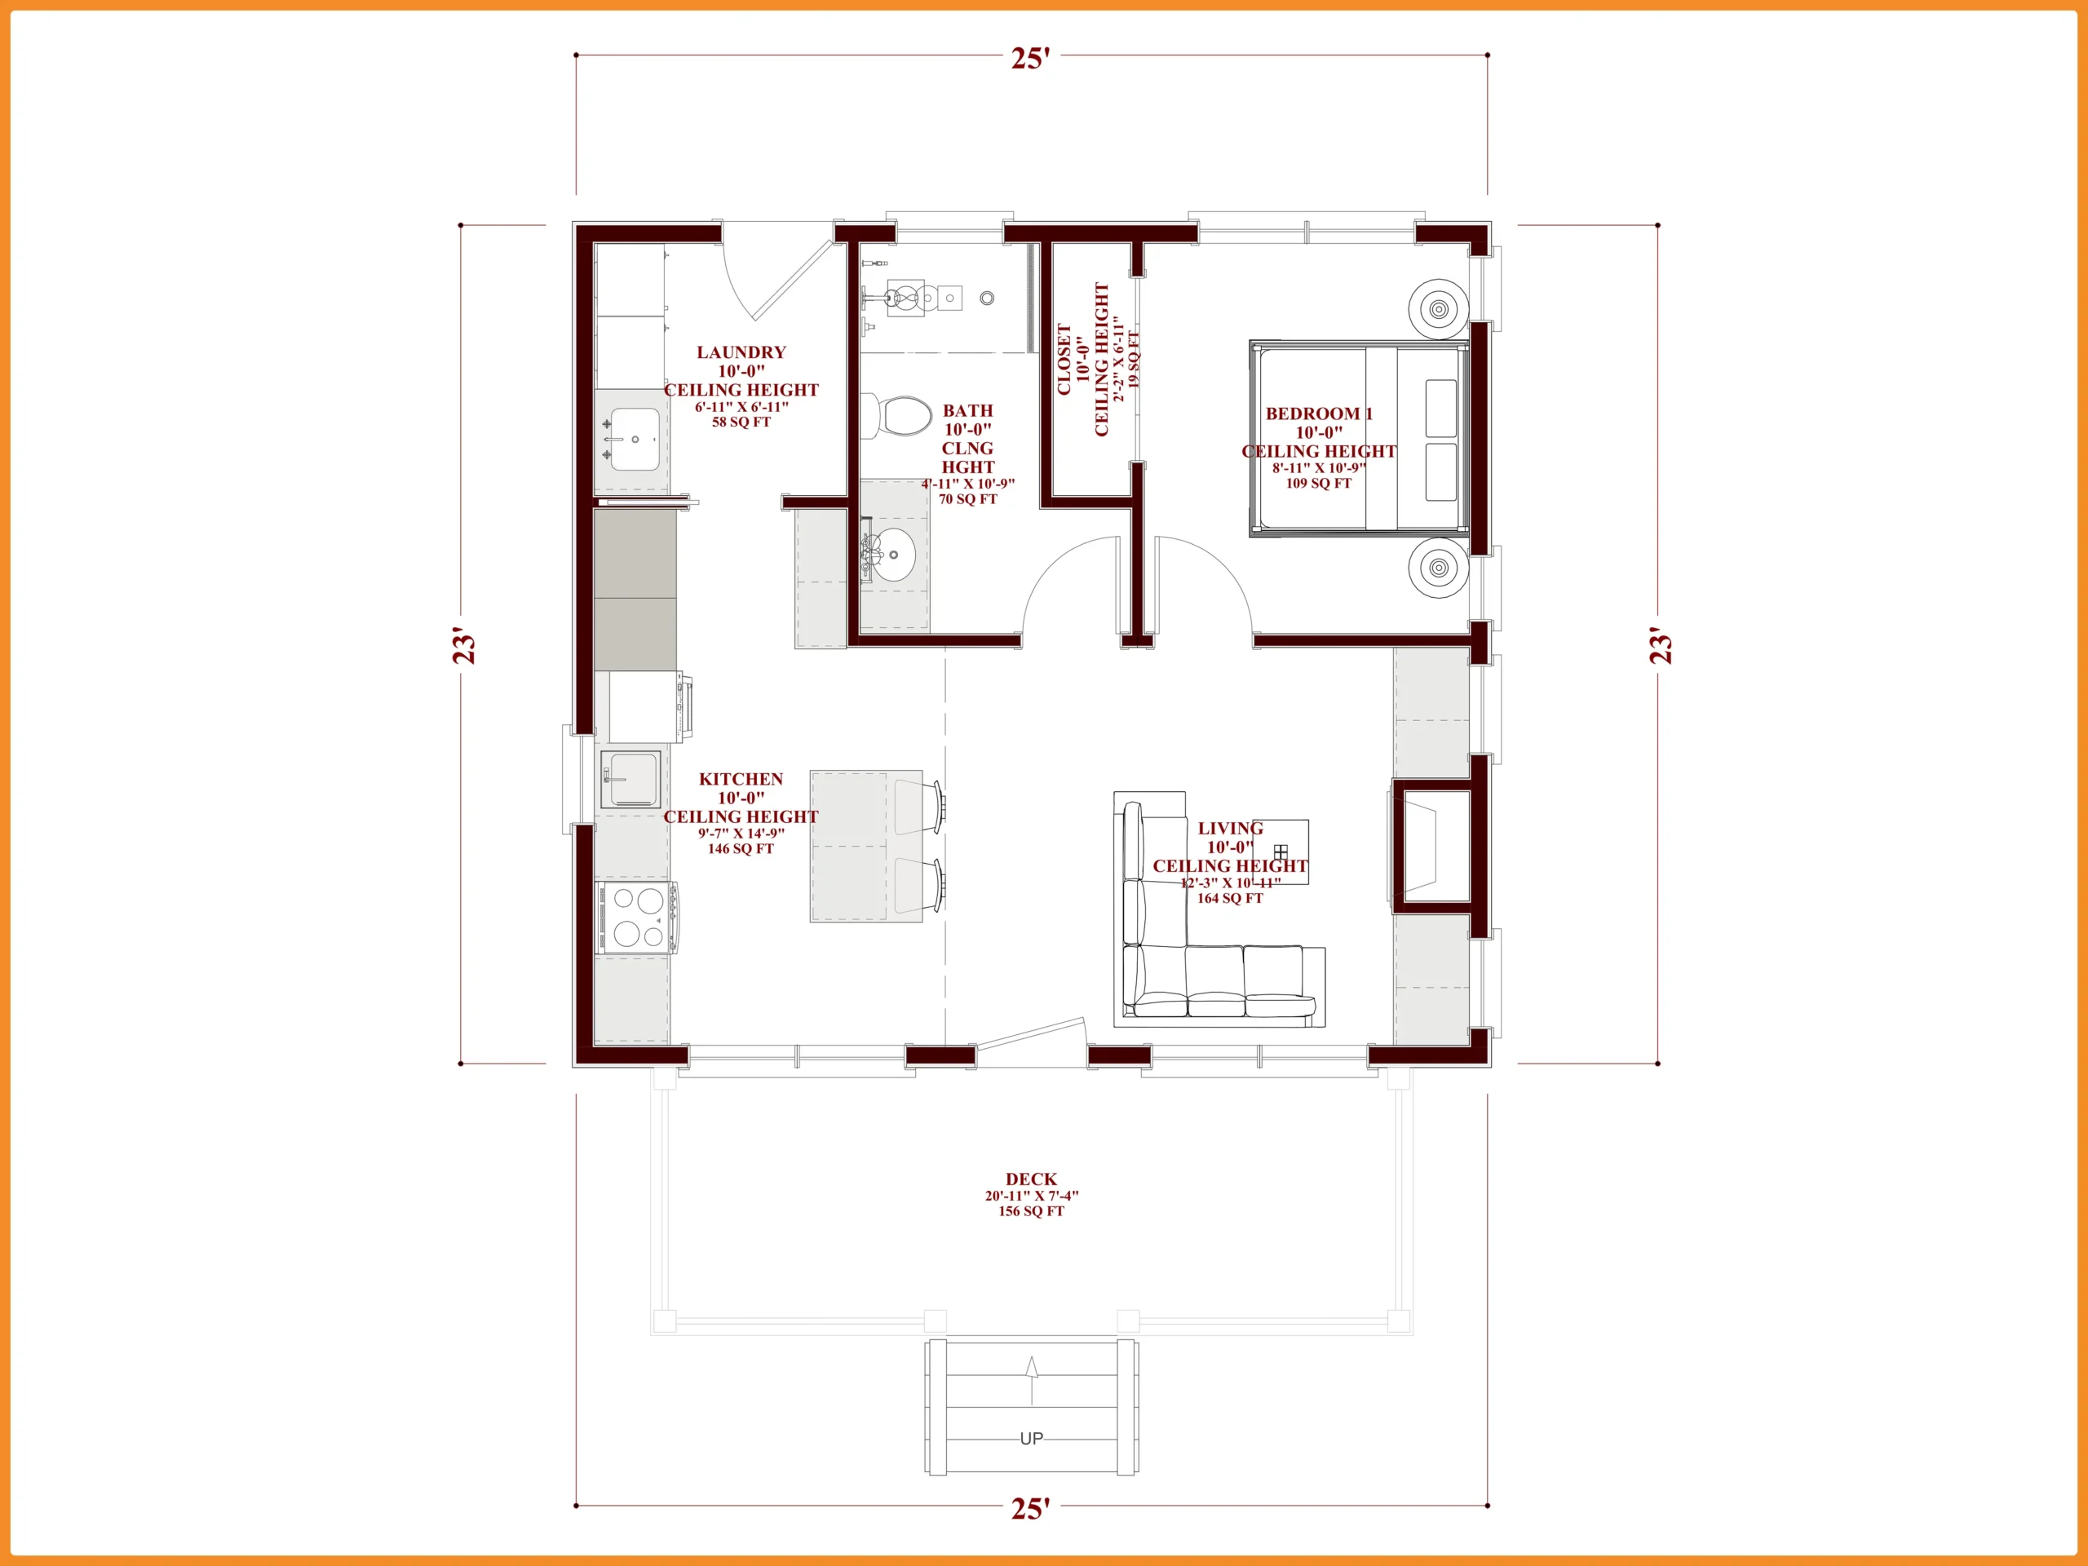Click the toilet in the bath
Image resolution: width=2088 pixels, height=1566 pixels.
896,416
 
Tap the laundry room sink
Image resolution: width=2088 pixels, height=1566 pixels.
635,439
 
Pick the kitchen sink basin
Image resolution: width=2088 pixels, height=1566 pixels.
630,780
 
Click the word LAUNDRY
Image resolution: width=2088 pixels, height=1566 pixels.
741,352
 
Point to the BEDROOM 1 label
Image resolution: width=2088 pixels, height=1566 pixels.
1319,414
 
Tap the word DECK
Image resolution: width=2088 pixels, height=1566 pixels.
1031,1179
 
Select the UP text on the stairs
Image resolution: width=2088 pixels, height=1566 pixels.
1032,1439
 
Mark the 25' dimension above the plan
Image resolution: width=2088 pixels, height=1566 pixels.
1031,59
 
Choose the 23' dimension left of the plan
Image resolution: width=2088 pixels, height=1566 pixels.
464,644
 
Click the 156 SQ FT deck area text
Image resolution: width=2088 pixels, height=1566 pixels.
1031,1211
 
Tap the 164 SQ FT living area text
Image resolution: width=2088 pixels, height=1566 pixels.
1230,899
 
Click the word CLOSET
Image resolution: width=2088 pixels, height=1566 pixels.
1064,360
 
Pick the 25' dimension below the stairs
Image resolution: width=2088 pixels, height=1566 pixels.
1031,1508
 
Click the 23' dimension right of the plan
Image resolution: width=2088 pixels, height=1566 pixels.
1661,644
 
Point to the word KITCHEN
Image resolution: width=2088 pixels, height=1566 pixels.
741,779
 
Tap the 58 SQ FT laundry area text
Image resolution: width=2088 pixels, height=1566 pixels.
741,422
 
